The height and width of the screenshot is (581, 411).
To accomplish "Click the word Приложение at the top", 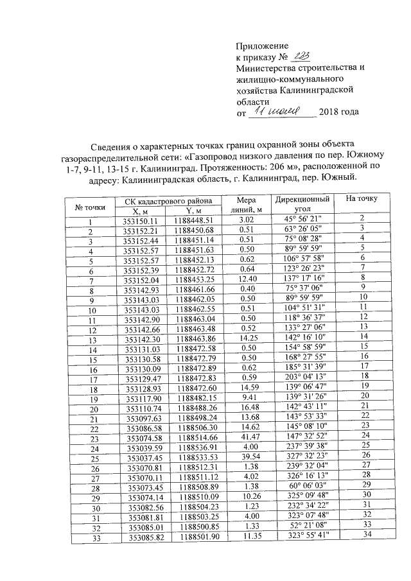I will pos(263,46).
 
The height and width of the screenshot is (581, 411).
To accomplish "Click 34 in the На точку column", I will pos(367,535).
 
